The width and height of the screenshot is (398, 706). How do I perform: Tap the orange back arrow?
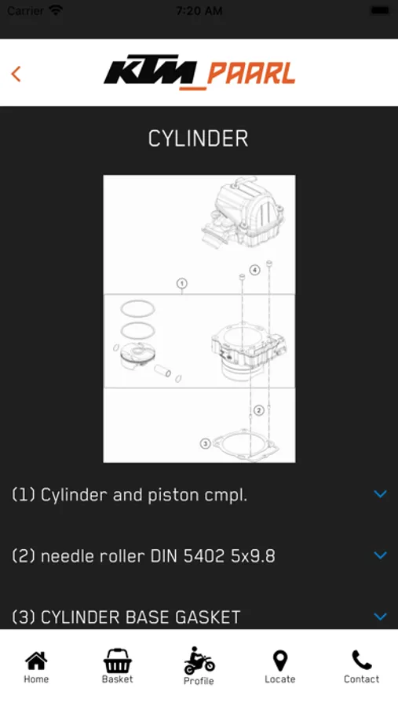pyautogui.click(x=16, y=74)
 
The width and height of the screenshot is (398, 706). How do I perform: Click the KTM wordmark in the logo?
pyautogui.click(x=151, y=71)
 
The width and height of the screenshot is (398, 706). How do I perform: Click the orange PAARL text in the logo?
pyautogui.click(x=250, y=74)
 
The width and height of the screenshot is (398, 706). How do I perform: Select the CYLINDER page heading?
pyautogui.click(x=199, y=139)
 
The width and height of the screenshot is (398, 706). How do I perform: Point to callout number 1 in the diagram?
pyautogui.click(x=181, y=284)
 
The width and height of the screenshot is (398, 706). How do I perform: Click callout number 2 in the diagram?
pyautogui.click(x=258, y=410)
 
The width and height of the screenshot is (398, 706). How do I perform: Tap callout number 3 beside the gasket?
pyautogui.click(x=205, y=443)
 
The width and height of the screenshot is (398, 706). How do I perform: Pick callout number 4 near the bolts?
pyautogui.click(x=254, y=270)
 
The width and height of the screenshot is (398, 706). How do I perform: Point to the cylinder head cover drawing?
pyautogui.click(x=243, y=212)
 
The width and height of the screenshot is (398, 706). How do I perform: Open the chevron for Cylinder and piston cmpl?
pyautogui.click(x=381, y=494)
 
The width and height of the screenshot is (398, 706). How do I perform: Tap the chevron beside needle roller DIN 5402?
pyautogui.click(x=381, y=555)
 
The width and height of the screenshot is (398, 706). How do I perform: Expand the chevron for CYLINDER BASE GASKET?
pyautogui.click(x=381, y=617)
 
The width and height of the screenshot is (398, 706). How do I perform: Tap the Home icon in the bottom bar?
pyautogui.click(x=36, y=661)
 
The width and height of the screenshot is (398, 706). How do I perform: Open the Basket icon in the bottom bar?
pyautogui.click(x=117, y=661)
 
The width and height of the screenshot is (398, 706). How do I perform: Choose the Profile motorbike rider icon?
pyautogui.click(x=199, y=661)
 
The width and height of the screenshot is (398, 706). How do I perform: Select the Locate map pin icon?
pyautogui.click(x=280, y=661)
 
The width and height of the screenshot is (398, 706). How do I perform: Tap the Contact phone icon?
pyautogui.click(x=361, y=661)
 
